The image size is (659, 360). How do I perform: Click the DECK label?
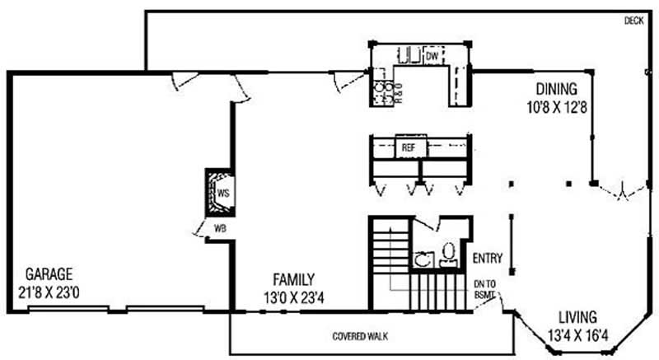click(633, 21)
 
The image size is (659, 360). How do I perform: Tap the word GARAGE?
click(49, 274)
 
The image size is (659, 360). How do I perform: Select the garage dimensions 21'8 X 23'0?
click(49, 292)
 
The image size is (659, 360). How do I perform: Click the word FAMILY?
click(294, 279)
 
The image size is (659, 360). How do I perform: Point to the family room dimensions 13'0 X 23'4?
click(294, 298)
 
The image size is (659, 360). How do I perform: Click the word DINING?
click(557, 89)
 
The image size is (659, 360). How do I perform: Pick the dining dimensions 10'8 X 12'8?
click(557, 107)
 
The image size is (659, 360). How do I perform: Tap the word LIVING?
click(578, 316)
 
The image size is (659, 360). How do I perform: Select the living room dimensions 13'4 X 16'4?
click(578, 335)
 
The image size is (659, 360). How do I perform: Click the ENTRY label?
click(488, 258)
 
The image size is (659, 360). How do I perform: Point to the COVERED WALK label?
click(360, 336)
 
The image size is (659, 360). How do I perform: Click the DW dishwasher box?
click(433, 56)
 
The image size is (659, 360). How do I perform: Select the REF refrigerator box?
click(410, 147)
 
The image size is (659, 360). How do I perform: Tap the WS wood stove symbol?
click(220, 193)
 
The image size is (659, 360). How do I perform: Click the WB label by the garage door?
click(220, 228)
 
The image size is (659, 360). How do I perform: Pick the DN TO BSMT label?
click(485, 290)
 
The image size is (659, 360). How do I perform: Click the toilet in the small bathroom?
click(449, 254)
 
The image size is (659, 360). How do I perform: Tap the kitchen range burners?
click(383, 92)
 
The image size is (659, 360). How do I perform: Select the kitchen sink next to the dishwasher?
click(409, 55)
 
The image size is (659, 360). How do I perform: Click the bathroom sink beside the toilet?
click(423, 259)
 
